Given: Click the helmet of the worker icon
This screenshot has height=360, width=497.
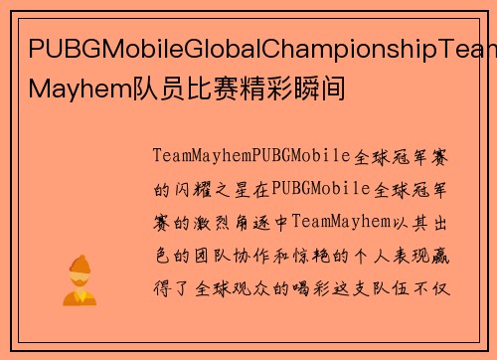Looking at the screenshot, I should coord(79,265).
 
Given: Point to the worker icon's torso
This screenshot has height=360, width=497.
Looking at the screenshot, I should coord(79,295).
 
